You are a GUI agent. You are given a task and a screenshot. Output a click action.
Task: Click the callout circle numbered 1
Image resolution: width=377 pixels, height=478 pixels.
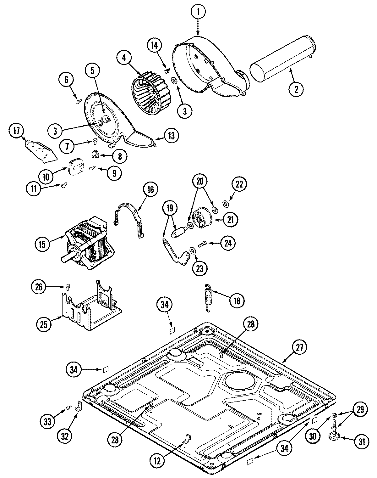[198, 13]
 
